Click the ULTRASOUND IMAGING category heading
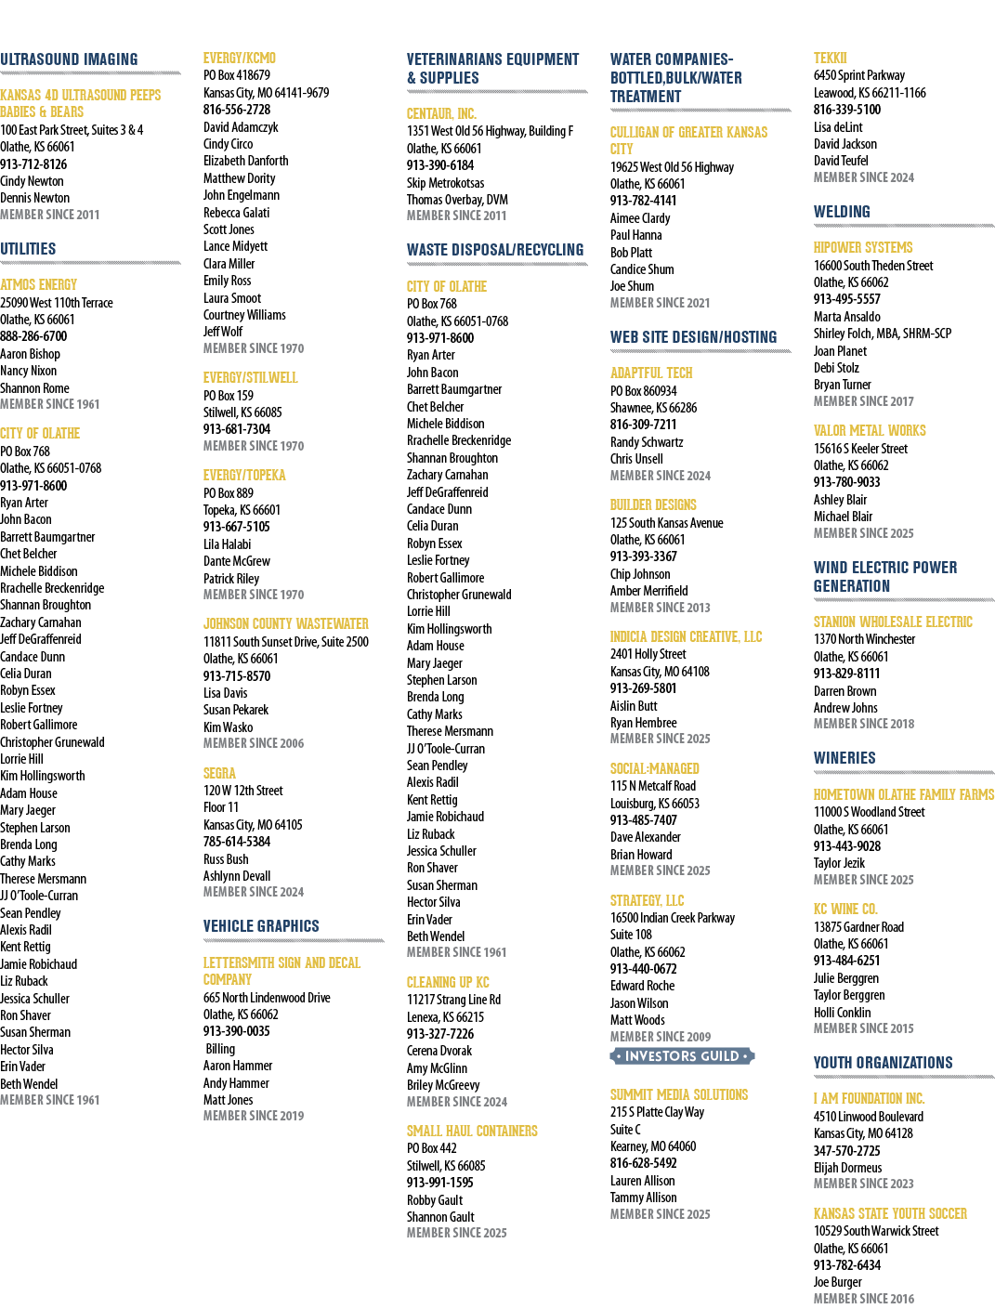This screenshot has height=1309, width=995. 69,59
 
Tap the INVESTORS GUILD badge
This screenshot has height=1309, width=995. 682,1056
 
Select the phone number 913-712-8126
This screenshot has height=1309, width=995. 33,164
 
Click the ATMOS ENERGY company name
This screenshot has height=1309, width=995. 39,284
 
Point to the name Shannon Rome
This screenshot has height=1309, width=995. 34,387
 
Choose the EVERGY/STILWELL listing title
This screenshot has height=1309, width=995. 251,377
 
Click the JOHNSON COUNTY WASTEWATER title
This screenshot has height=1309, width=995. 286,623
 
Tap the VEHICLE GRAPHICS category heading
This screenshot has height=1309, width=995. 261,926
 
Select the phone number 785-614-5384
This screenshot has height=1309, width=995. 237,842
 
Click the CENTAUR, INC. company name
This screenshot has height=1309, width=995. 442,113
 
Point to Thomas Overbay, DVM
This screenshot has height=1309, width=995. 457,200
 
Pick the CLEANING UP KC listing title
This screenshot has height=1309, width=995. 448,982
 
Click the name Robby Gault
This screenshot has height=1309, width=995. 435,1200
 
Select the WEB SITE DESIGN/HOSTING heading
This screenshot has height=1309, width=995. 693,337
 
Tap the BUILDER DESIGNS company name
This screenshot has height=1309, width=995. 653,504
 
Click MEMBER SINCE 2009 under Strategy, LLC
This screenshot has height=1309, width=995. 661,1037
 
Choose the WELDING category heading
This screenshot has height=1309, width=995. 842,212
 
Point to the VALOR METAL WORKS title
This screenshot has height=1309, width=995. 870,430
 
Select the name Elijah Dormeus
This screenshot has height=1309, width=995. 847,1167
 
